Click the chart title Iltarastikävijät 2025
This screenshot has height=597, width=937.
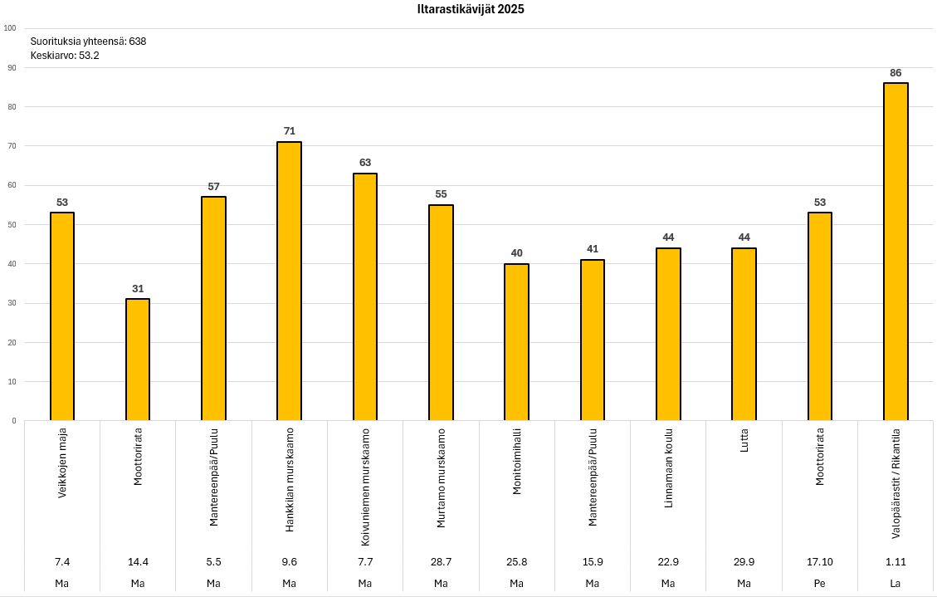tap(470, 10)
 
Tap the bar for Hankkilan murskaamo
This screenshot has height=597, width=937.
tap(289, 281)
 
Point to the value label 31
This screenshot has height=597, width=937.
tap(138, 289)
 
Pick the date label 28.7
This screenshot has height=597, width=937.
tap(441, 561)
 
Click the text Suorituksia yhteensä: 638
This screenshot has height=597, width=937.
tap(88, 41)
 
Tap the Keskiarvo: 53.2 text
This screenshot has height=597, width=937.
tap(65, 56)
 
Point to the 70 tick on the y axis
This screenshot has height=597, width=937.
tap(12, 146)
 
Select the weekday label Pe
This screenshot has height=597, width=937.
tap(819, 583)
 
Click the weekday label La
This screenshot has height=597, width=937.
tap(895, 583)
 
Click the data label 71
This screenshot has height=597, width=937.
tap(289, 131)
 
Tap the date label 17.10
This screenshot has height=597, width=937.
tap(819, 561)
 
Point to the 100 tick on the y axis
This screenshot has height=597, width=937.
tap(10, 28)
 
